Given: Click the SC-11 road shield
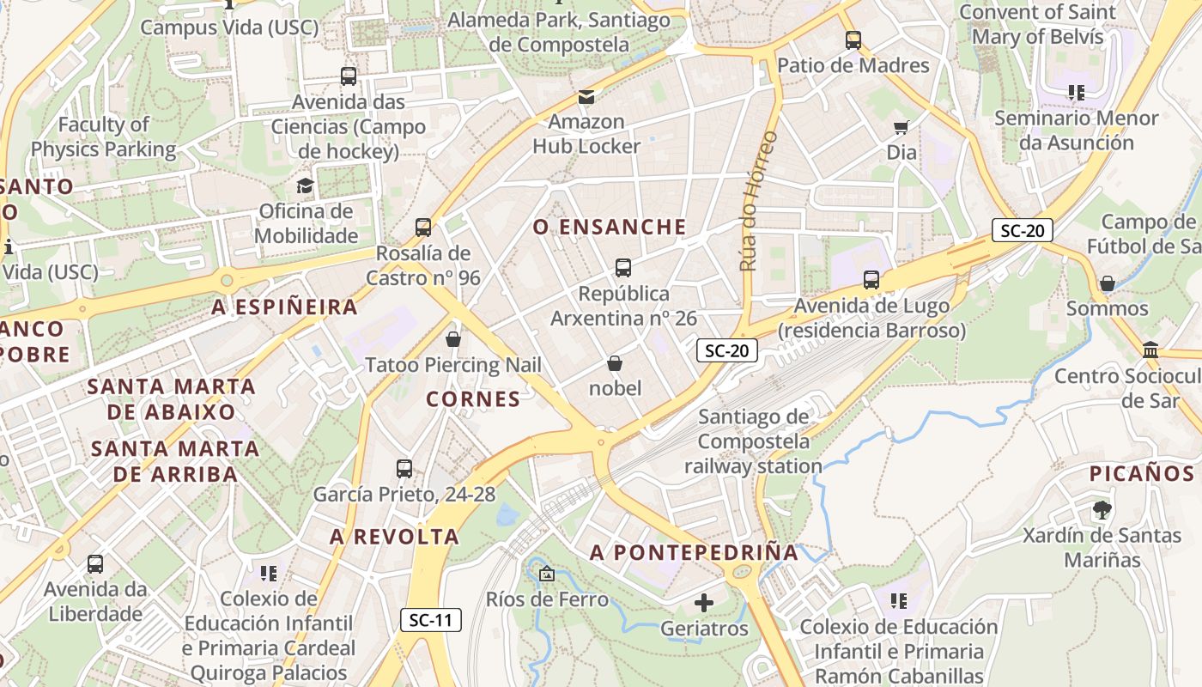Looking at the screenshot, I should coord(431,620).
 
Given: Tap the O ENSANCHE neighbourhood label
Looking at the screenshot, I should coord(610,228).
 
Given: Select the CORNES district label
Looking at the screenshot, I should coord(473,399).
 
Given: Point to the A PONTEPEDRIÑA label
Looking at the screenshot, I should coord(694,553).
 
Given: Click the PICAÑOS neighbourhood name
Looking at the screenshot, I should coord(1142,474).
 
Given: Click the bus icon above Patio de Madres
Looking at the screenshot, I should coord(853,40).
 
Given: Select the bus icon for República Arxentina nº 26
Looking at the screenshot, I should coord(623,268).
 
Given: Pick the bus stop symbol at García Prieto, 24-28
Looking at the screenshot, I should coord(404,469).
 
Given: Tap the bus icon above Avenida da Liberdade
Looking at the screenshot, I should coord(95,564).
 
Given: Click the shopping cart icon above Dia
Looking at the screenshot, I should coord(901,128).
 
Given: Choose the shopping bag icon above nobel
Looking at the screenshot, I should coord(615,363).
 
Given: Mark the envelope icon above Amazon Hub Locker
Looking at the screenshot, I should coord(586,97).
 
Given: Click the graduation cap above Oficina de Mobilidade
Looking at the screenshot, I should coord(305,185).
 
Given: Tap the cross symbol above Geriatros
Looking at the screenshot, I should coord(704,603).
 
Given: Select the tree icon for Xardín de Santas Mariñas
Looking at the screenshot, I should coord(1102,510).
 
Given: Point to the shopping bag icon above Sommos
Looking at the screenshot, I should coord(1108,283).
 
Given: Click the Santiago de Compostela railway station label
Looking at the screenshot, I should coord(753,442).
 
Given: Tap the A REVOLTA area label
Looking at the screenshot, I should coord(395,538).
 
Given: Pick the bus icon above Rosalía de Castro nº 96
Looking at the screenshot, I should coord(423,228).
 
